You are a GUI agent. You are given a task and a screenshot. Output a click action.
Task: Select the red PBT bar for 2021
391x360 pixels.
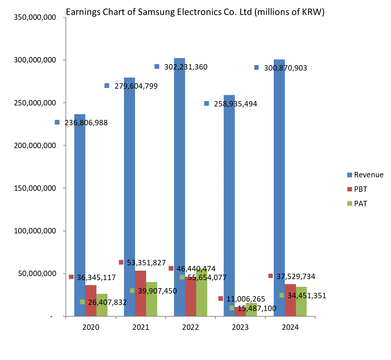(x=140, y=296)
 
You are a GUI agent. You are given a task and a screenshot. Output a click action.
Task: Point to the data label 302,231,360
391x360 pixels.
(x=185, y=67)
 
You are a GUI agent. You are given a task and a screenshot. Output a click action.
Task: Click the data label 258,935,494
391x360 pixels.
(x=235, y=104)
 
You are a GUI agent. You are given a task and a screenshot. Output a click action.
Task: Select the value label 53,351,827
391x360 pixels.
(x=146, y=263)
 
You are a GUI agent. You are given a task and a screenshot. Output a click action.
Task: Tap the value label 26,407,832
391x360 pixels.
(x=107, y=302)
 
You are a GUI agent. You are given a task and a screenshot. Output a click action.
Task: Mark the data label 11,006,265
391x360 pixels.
(x=246, y=299)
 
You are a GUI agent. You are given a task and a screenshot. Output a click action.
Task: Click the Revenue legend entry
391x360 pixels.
(x=368, y=175)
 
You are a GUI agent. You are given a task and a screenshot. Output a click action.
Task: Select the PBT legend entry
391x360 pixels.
(x=360, y=189)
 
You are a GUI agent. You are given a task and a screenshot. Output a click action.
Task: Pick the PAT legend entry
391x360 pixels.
(x=360, y=204)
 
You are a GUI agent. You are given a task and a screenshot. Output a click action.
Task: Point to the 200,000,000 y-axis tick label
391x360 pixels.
(x=35, y=145)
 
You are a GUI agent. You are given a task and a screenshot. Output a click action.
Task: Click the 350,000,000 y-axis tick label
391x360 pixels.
(x=35, y=17)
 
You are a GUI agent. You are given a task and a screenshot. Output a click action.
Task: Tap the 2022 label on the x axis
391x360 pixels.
(x=190, y=327)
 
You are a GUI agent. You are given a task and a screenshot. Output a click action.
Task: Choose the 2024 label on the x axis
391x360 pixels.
(x=290, y=327)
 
